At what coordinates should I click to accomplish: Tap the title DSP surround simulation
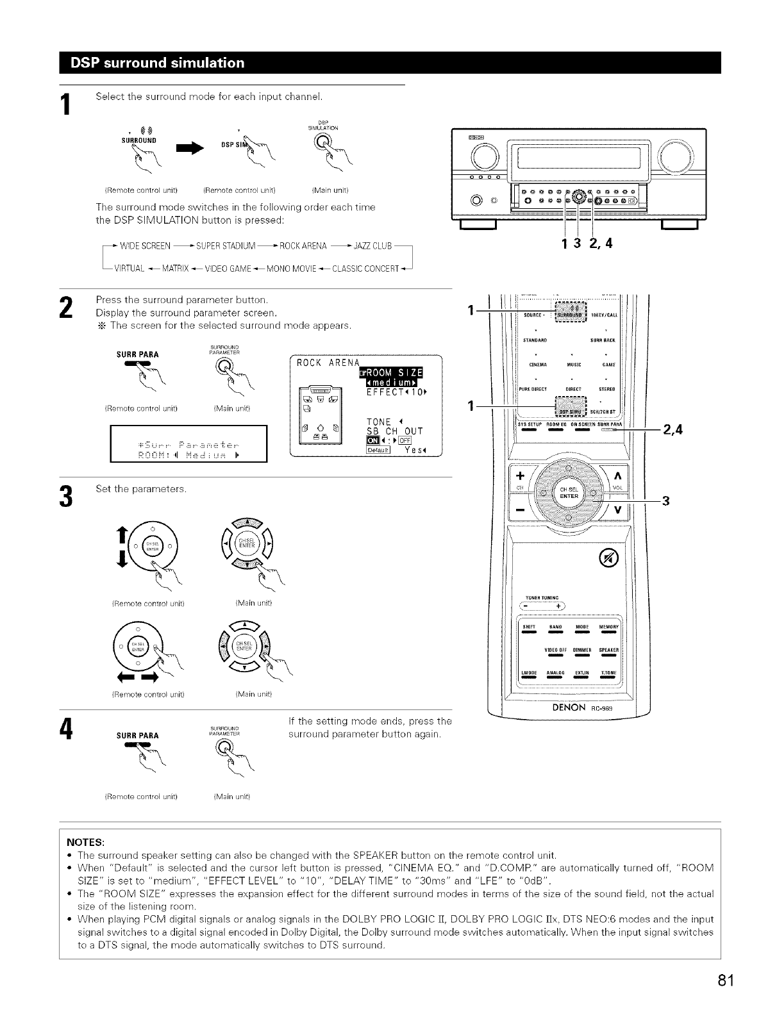pyautogui.click(x=158, y=63)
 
